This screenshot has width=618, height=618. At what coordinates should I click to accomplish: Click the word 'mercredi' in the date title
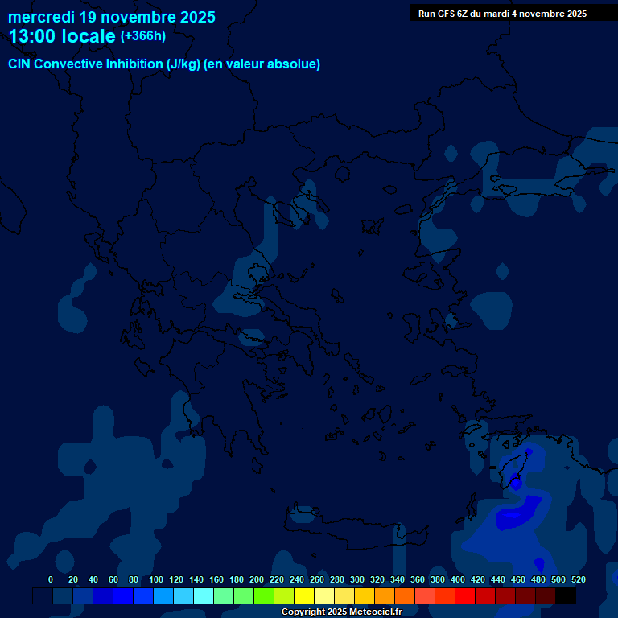[42, 17]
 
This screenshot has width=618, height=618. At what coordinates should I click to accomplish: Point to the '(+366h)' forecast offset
[143, 36]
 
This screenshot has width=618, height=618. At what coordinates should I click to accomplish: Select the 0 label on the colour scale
[51, 579]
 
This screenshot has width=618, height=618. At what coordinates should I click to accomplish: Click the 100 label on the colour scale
[156, 579]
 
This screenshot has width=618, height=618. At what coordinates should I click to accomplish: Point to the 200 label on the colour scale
[257, 579]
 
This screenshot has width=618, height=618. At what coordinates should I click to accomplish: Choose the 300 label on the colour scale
[357, 579]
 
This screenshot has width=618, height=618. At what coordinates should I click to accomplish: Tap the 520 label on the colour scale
[579, 579]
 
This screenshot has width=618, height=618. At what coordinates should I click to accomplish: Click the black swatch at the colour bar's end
[566, 596]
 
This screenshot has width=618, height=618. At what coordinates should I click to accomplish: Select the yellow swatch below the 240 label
[303, 596]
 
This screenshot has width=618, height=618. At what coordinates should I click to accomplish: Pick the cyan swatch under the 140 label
[203, 596]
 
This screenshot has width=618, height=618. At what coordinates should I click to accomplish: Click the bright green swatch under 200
[263, 596]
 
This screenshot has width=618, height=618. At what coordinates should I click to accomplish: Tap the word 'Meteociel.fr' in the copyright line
[376, 612]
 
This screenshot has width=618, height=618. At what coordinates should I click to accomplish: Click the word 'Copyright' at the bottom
[303, 612]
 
